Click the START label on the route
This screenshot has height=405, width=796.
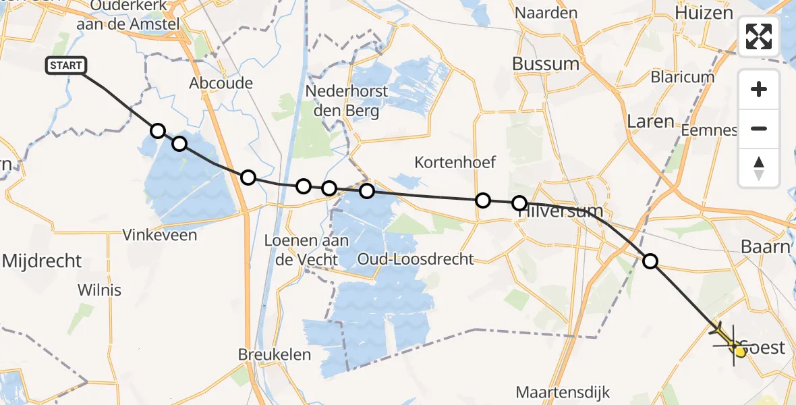[x=66, y=65]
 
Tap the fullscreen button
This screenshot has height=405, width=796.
[x=759, y=36]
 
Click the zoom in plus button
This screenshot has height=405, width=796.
[x=759, y=89]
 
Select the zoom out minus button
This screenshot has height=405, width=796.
[x=759, y=129]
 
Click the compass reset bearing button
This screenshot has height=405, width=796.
[x=759, y=168]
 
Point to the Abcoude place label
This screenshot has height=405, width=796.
[x=221, y=83]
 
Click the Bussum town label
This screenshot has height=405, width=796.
[x=546, y=64]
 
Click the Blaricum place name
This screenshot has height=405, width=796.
[x=683, y=77]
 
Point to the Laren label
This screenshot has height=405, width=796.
[x=650, y=122]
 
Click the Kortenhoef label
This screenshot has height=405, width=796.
[x=455, y=162]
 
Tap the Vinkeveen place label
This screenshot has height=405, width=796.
[x=160, y=235]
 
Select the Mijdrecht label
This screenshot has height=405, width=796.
[x=42, y=261]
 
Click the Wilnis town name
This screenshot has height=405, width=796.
[x=99, y=290]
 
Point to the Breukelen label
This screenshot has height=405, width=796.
[x=275, y=354]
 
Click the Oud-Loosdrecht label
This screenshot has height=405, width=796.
[x=406, y=259]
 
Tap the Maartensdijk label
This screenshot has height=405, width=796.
[x=563, y=391]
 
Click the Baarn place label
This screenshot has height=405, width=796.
[x=765, y=246]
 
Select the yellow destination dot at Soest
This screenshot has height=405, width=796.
[x=740, y=351]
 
